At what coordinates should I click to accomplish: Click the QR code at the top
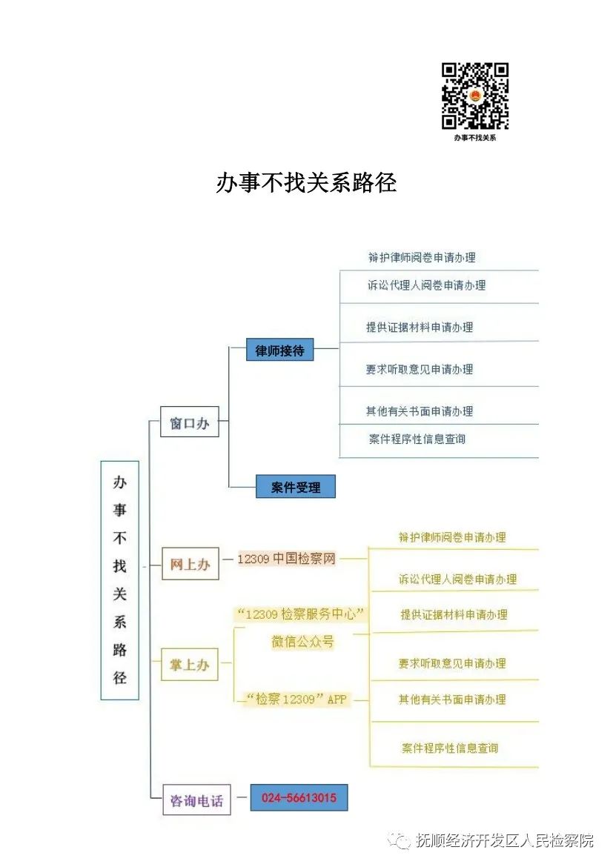tap(474, 96)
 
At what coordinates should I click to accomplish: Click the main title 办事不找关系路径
tap(306, 183)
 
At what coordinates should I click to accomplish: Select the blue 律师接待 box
tap(280, 350)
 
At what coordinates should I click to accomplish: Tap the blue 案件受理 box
tap(296, 487)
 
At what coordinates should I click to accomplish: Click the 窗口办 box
tap(190, 422)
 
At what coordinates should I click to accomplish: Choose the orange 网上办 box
tap(190, 564)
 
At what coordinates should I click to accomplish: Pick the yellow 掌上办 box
tap(190, 664)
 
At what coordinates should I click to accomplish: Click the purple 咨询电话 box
tap(196, 800)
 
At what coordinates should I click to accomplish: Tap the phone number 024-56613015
tap(299, 798)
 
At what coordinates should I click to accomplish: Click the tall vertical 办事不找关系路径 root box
tap(119, 580)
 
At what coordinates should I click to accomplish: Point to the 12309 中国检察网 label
tap(286, 559)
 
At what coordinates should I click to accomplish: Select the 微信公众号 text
tap(302, 642)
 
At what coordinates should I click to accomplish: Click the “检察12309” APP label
tap(297, 700)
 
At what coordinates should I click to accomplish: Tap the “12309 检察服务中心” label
tap(301, 614)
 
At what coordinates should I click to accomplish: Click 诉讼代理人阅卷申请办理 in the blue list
tap(426, 285)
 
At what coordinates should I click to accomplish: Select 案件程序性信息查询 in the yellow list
tap(450, 748)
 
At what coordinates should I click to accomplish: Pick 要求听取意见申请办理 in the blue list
tap(420, 369)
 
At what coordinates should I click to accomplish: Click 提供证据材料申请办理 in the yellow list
tap(454, 614)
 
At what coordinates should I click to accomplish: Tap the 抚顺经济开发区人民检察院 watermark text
tap(505, 840)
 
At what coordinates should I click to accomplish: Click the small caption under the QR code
tap(474, 138)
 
